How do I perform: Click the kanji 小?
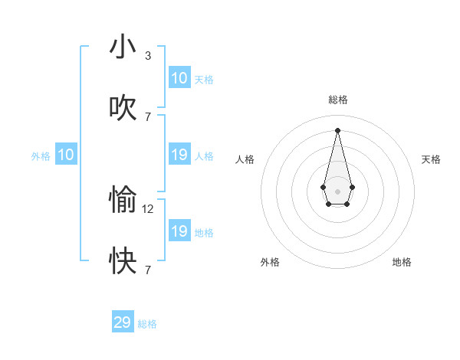[123, 47]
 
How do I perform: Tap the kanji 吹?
[123, 108]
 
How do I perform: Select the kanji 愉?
[123, 200]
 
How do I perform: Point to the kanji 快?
[123, 261]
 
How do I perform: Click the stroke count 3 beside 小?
[147, 56]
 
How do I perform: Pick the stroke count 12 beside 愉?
[149, 208]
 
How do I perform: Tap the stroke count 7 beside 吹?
[147, 117]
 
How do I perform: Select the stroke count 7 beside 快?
[147, 270]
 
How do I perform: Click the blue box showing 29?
[123, 322]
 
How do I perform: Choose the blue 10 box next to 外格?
[66, 155]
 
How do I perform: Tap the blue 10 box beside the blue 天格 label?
[179, 78]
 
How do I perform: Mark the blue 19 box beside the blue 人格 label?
[179, 155]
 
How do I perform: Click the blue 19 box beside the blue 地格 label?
[179, 231]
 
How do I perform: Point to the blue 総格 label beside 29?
[147, 324]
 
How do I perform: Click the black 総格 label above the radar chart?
[337, 100]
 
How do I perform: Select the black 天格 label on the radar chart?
[432, 159]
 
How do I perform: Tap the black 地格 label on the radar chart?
[402, 262]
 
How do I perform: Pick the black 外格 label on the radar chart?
[270, 262]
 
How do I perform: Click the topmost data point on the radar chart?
[337, 129]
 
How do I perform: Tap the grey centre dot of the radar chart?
[337, 191]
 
